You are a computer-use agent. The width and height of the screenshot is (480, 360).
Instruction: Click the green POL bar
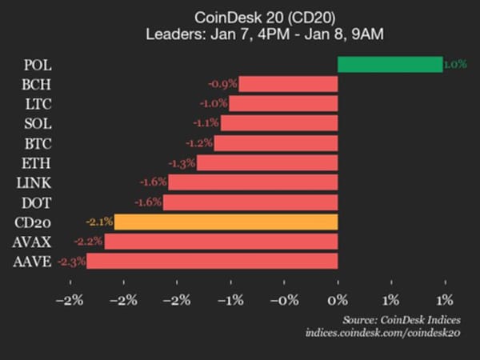(390, 65)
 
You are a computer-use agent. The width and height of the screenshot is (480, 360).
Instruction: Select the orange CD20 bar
(226, 222)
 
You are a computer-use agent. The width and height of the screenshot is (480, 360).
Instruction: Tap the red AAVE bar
(212, 261)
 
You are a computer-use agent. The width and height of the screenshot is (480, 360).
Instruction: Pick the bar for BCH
(288, 84)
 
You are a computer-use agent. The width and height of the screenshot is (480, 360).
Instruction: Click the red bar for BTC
(276, 143)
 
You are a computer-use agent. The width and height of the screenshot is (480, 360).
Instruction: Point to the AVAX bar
(221, 241)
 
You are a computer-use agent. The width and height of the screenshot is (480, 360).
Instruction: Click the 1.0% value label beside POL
(455, 65)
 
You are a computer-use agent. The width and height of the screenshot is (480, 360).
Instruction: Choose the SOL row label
(39, 123)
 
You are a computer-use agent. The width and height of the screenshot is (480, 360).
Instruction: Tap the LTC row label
(39, 104)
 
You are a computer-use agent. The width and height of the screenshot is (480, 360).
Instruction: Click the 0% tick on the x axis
(338, 300)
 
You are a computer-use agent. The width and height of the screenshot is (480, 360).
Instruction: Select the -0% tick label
(283, 300)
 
